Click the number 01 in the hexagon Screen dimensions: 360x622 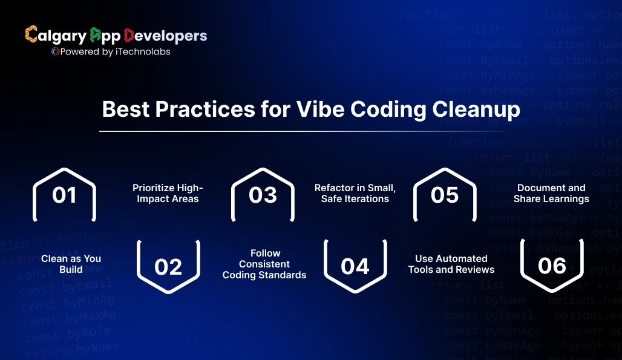click(x=64, y=195)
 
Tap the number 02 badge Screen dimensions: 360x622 click(x=168, y=267)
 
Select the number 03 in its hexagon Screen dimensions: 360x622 click(x=263, y=195)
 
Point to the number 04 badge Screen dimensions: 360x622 click(x=355, y=267)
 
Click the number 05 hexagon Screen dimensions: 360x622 click(x=445, y=195)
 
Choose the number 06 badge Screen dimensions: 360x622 click(x=552, y=266)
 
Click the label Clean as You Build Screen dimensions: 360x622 click(x=71, y=264)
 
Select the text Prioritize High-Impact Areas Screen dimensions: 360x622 click(x=168, y=193)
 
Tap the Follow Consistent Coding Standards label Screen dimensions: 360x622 click(x=264, y=264)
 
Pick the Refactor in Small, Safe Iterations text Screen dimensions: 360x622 click(x=355, y=193)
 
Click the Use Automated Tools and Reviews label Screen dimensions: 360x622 click(x=451, y=264)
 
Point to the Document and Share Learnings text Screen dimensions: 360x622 click(x=551, y=193)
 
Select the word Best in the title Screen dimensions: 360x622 click(x=125, y=110)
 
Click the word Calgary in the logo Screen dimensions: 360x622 click(x=56, y=36)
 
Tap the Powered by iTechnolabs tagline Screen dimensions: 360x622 click(x=111, y=52)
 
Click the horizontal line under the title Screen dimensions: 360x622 click(x=310, y=131)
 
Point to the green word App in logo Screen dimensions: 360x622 click(x=105, y=36)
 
